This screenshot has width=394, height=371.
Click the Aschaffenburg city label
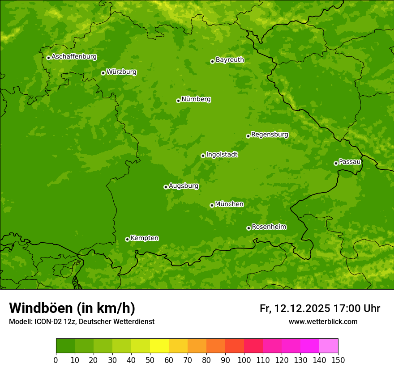(x=74, y=57)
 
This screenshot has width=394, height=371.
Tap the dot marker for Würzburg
(x=103, y=73)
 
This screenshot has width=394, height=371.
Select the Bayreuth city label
(x=230, y=60)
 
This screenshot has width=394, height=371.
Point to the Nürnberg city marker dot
(x=178, y=101)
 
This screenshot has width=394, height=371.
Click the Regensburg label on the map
(x=270, y=135)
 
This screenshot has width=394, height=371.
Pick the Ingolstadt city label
(x=222, y=155)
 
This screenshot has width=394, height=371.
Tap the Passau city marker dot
(x=336, y=163)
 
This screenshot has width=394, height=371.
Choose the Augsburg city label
(x=184, y=186)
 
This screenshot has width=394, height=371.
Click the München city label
(x=229, y=204)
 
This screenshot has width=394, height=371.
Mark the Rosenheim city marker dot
(x=248, y=228)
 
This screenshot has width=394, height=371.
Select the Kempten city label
(x=144, y=238)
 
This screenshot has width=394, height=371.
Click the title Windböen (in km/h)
(x=72, y=308)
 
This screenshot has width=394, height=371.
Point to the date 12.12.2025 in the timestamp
(x=302, y=308)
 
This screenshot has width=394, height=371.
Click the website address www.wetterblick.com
(x=323, y=321)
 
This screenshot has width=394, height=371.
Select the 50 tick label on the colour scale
(x=150, y=360)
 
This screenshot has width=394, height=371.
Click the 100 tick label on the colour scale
(x=244, y=360)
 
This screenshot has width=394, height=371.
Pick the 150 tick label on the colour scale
(x=338, y=360)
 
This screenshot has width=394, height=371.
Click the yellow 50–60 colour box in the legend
(x=159, y=346)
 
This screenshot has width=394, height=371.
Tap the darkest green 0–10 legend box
(x=65, y=346)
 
